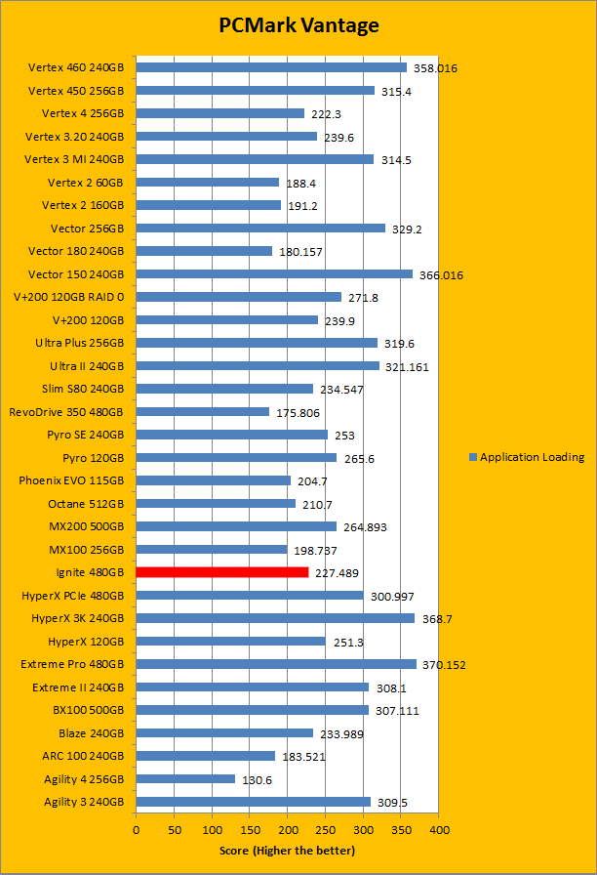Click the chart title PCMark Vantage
pyautogui.click(x=298, y=26)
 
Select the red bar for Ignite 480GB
pyautogui.click(x=222, y=572)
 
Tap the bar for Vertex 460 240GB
pyautogui.click(x=271, y=67)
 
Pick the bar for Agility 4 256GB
pyautogui.click(x=185, y=778)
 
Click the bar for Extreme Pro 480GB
pyautogui.click(x=276, y=664)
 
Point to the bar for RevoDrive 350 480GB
pyautogui.click(x=203, y=411)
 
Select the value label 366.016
pyautogui.click(x=441, y=275)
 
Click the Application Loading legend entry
pyautogui.click(x=532, y=457)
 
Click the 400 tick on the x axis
pyautogui.click(x=439, y=829)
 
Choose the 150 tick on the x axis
pyautogui.click(x=250, y=829)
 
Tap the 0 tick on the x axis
pyautogui.click(x=137, y=829)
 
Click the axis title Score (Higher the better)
pyautogui.click(x=288, y=851)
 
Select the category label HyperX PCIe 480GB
pyautogui.click(x=73, y=595)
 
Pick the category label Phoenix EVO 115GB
pyautogui.click(x=72, y=480)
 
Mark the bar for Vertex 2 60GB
pyautogui.click(x=208, y=182)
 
